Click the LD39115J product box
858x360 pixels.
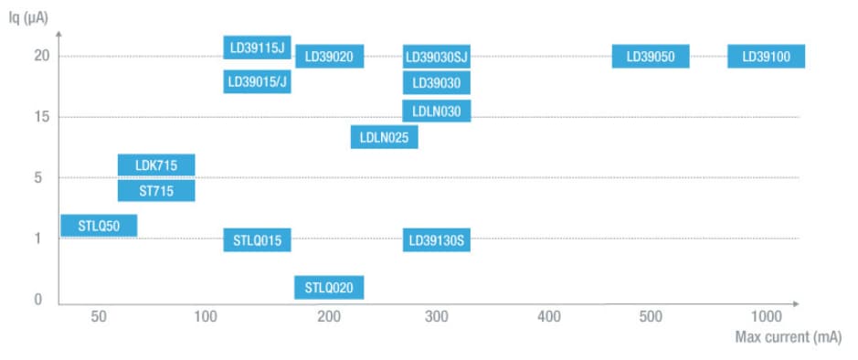point(258,48)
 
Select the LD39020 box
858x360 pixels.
point(329,57)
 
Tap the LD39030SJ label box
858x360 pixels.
point(437,57)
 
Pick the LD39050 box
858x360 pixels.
point(651,57)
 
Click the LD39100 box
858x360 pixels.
point(766,57)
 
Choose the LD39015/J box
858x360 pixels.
point(258,82)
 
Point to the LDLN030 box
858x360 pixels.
point(437,111)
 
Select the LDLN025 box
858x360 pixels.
point(385,137)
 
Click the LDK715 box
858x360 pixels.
point(156,165)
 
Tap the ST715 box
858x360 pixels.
point(156,190)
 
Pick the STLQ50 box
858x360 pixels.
point(99,225)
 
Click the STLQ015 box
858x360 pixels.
point(258,241)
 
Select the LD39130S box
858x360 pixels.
point(437,241)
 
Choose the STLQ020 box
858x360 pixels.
point(329,288)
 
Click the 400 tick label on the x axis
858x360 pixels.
point(548,316)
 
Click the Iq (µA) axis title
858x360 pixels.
point(28,15)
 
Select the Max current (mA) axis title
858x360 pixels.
point(789,337)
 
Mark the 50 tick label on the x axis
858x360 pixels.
point(99,316)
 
